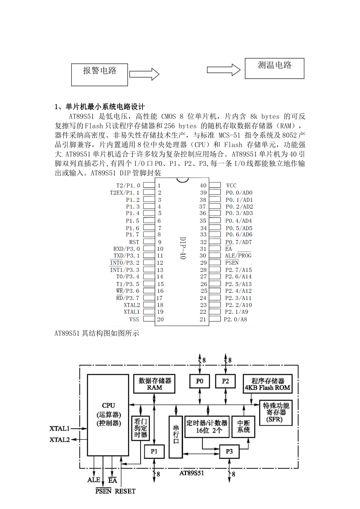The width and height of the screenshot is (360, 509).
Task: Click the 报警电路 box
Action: (99, 74)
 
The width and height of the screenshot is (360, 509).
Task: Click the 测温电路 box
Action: (274, 68)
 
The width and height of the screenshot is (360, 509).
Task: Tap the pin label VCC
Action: (231, 186)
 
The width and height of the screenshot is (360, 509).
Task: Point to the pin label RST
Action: (134, 242)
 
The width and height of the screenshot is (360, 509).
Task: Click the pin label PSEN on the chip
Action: (232, 262)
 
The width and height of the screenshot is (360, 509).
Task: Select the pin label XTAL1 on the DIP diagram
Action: (131, 312)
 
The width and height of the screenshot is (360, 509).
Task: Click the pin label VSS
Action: (134, 319)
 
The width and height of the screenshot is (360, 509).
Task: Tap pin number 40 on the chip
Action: (203, 186)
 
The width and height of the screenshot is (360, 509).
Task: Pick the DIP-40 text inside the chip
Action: (182, 248)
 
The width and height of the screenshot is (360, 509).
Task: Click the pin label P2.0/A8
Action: (235, 319)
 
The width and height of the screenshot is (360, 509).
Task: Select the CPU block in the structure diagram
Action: (108, 415)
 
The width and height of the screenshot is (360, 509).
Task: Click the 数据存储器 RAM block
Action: (155, 384)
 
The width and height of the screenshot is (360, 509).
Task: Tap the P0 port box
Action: (200, 381)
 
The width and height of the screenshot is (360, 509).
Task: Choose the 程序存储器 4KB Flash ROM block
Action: (268, 384)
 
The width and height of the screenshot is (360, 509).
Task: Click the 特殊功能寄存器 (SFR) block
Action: (276, 413)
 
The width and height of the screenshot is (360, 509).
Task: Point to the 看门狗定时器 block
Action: (140, 428)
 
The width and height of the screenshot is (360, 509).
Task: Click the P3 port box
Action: (229, 451)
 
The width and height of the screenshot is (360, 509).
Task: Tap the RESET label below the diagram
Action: (125, 491)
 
